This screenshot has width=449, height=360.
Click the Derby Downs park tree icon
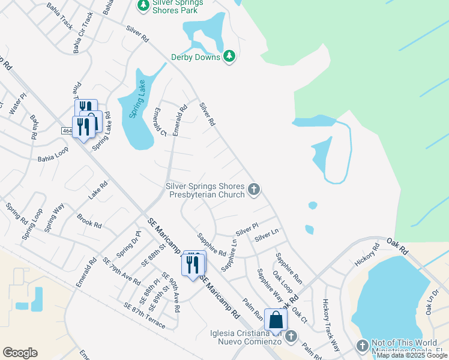pos(229,56)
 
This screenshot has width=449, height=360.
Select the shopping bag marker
pos(276,320)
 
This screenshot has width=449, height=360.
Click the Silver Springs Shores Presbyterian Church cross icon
pos(254,190)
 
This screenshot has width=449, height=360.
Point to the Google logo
pos(20,353)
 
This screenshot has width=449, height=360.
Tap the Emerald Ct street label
pos(159,122)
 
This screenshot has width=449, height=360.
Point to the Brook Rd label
pos(89,220)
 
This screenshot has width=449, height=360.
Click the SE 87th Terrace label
pos(144,315)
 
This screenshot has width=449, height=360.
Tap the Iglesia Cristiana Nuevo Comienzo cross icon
pos(292,337)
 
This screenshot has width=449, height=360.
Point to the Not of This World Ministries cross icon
pos(362,346)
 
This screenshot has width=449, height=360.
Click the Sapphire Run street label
pos(289,268)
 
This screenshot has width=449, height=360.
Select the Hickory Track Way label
pos(331,325)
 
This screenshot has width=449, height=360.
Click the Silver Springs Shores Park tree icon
pos(143,5)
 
